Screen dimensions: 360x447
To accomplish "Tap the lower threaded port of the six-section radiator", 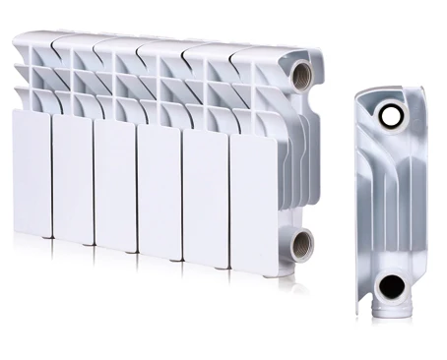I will click(301, 243).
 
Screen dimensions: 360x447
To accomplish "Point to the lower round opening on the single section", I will click(391, 287).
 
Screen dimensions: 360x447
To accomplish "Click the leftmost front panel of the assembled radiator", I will click(32, 172).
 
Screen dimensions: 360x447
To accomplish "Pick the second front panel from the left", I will click(73, 180).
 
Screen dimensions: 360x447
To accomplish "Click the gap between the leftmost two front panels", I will click(52, 176).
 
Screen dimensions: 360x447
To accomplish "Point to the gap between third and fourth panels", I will click(136, 191).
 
